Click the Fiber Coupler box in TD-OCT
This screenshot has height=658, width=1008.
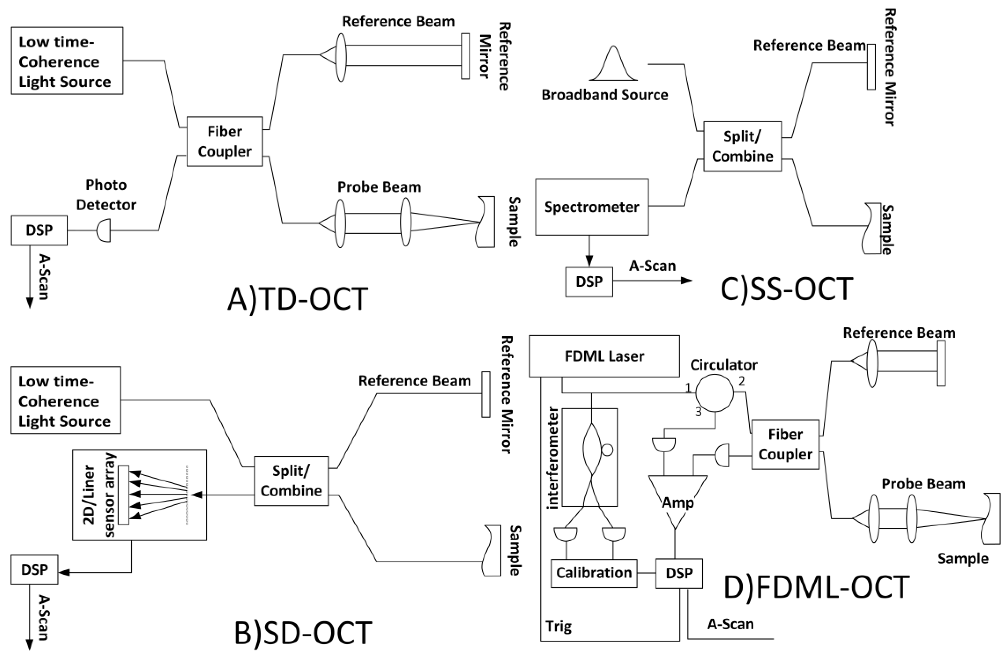click(224, 141)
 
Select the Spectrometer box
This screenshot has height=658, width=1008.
click(591, 207)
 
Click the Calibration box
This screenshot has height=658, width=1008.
click(594, 573)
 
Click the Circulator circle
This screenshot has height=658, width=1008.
click(715, 393)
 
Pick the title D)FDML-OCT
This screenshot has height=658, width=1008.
click(816, 587)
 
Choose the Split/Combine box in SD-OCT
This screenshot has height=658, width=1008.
click(291, 481)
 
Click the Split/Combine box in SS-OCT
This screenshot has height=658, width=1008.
click(742, 146)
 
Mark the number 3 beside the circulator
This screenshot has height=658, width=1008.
click(698, 412)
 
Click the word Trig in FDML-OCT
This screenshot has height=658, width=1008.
click(558, 626)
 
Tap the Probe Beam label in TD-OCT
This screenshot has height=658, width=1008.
click(379, 187)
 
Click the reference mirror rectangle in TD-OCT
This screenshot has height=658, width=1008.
click(465, 56)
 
